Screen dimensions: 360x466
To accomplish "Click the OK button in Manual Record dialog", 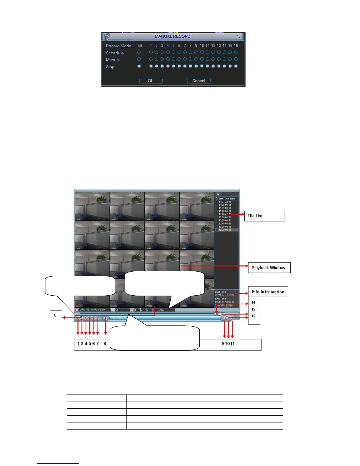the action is click(x=151, y=81).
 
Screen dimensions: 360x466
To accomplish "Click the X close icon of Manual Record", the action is click(x=239, y=37).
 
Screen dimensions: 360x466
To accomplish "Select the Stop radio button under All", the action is click(x=139, y=66).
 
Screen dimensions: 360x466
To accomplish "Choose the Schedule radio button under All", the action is click(x=139, y=52).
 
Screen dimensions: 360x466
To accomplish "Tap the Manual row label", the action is click(x=113, y=60).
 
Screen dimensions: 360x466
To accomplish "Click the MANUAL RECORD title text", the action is click(x=172, y=36).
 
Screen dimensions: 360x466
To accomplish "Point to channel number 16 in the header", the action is click(x=236, y=46).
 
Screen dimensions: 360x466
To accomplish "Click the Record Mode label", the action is click(x=119, y=46).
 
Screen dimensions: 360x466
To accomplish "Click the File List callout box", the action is click(x=264, y=216).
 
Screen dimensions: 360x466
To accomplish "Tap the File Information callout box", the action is click(x=268, y=292).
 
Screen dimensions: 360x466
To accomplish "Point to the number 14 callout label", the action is click(x=254, y=302).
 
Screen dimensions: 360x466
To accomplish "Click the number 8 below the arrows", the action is click(x=105, y=344).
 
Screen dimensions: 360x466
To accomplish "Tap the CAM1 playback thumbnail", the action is click(x=92, y=206).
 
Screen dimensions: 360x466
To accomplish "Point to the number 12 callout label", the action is click(x=254, y=316).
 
